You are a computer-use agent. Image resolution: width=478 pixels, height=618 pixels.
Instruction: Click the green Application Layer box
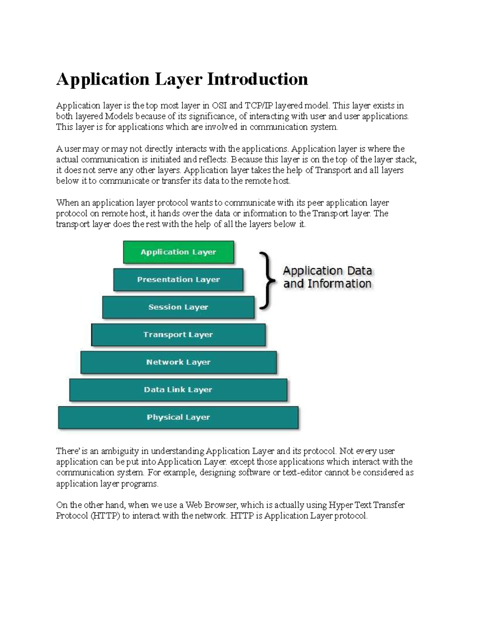click(x=178, y=252)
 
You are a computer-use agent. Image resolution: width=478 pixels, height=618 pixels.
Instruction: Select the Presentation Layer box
click(x=178, y=279)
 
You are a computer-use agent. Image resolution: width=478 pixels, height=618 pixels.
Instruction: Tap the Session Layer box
click(x=178, y=307)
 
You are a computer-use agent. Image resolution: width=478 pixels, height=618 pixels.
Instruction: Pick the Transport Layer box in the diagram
click(x=178, y=335)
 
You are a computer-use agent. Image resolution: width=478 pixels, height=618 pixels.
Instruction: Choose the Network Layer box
click(x=178, y=362)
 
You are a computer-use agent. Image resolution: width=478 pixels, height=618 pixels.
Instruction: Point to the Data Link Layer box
click(x=178, y=390)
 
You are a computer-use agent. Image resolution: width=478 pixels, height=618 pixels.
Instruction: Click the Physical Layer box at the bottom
click(x=178, y=417)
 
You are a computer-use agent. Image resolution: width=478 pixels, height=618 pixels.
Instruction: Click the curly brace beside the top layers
click(x=268, y=281)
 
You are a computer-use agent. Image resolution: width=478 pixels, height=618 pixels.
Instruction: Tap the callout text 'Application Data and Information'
click(x=327, y=277)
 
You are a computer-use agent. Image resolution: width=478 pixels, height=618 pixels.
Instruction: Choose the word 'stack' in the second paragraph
click(x=406, y=160)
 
